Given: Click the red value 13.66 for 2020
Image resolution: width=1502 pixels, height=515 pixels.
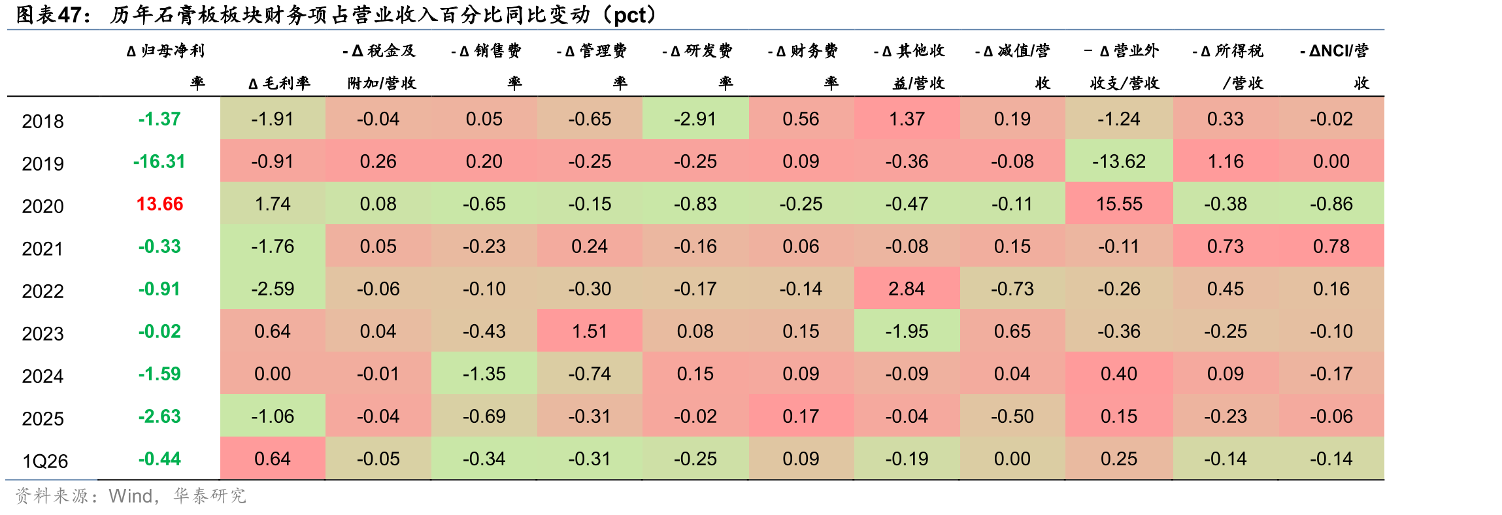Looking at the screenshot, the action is (x=159, y=204).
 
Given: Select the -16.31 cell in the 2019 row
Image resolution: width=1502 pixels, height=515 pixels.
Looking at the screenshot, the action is (x=159, y=161).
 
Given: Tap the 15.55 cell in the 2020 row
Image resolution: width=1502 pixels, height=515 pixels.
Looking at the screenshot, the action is (x=1119, y=204).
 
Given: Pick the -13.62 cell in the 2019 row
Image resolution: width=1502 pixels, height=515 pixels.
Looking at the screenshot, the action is (x=1119, y=161).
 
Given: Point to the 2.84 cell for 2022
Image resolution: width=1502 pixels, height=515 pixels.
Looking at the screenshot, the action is (x=907, y=289).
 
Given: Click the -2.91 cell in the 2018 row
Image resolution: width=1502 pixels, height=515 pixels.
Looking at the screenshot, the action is (x=695, y=119).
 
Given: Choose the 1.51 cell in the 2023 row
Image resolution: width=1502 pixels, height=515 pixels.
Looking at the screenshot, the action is (x=590, y=331).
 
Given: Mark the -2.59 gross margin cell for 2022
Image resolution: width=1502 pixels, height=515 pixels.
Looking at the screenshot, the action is (x=273, y=289).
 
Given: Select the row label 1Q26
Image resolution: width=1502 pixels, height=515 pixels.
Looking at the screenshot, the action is (x=45, y=461).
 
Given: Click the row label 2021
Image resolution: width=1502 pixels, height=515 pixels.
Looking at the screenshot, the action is (x=43, y=249).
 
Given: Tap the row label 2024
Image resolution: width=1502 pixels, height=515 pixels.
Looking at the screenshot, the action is (x=43, y=376).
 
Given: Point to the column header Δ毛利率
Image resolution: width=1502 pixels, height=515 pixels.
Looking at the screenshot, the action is (x=279, y=83).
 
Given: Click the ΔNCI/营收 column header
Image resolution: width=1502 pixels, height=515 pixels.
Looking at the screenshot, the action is (x=1335, y=66).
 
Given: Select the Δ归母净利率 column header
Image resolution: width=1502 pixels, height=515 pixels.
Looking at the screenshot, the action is (x=166, y=66).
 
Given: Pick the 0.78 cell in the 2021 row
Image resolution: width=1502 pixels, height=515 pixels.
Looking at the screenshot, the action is (x=1331, y=246).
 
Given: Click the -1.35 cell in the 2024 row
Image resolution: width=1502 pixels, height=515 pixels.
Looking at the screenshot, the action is (x=484, y=374).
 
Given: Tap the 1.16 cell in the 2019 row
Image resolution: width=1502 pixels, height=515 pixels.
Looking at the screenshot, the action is (x=1226, y=161).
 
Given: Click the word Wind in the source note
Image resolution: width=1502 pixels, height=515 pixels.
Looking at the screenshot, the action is (x=131, y=496).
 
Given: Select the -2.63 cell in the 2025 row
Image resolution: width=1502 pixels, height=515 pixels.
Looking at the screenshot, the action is (x=159, y=416).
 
